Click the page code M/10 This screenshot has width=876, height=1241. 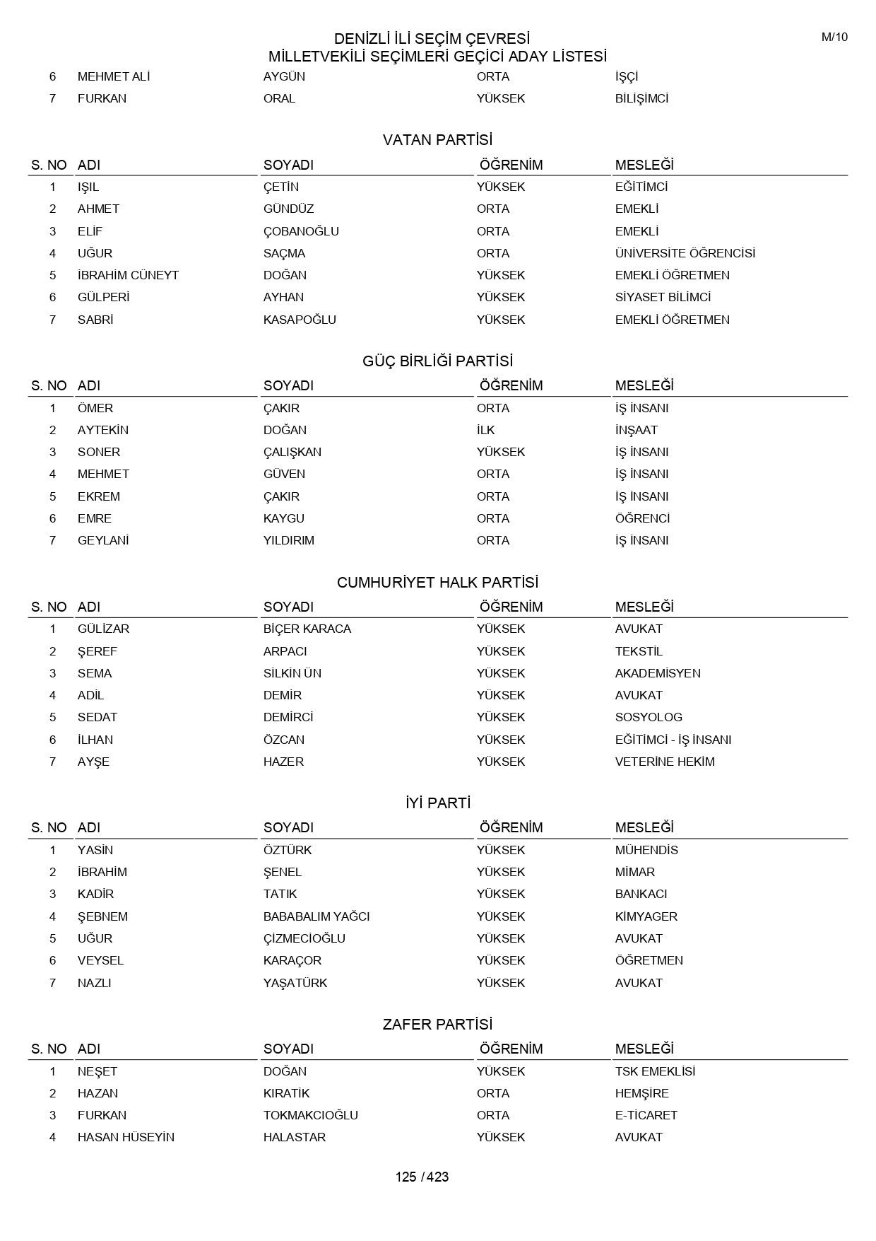pyautogui.click(x=834, y=37)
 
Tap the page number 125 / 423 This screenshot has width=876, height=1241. pyautogui.click(x=422, y=1177)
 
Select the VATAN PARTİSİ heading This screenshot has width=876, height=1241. pyautogui.click(x=437, y=140)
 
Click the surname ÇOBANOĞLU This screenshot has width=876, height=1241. pyautogui.click(x=301, y=231)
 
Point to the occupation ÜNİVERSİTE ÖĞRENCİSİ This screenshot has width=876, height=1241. pyautogui.click(x=685, y=253)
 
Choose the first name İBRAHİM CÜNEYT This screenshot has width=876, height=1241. pyautogui.click(x=128, y=275)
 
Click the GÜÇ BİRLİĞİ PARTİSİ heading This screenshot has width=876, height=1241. pyautogui.click(x=437, y=361)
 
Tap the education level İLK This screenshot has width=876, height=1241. pyautogui.click(x=485, y=430)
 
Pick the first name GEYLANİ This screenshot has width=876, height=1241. pyautogui.click(x=103, y=540)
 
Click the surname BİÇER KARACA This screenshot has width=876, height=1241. pyautogui.click(x=307, y=629)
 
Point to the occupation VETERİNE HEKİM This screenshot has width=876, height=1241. pyautogui.click(x=664, y=762)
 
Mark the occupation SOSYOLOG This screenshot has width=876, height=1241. pyautogui.click(x=648, y=717)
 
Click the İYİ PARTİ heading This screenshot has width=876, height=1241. pyautogui.click(x=437, y=803)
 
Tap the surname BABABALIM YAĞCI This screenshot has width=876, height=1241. pyautogui.click(x=316, y=916)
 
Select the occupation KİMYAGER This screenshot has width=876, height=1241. pyautogui.click(x=646, y=916)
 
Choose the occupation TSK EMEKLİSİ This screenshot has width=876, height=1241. pyautogui.click(x=655, y=1071)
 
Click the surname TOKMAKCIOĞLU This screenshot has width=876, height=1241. pyautogui.click(x=310, y=1115)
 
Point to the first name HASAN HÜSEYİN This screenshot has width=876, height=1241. pyautogui.click(x=126, y=1137)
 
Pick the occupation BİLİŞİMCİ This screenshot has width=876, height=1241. pyautogui.click(x=641, y=98)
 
